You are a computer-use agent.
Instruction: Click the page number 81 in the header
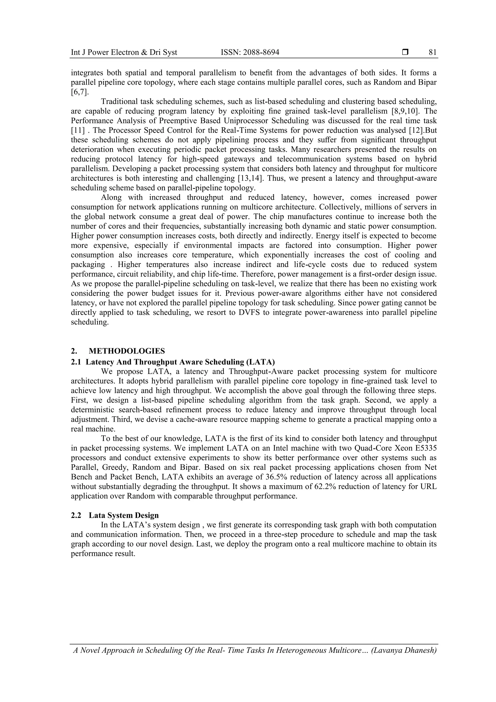(x=433, y=53)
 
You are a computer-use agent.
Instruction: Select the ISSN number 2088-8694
(x=262, y=53)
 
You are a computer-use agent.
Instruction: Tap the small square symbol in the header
(x=405, y=53)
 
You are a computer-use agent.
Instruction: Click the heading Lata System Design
(x=124, y=515)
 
